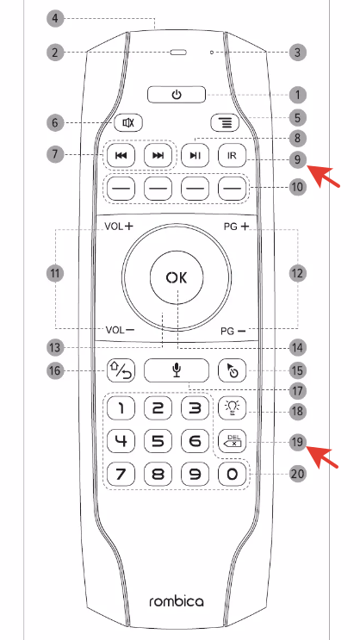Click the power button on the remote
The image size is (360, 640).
click(x=177, y=95)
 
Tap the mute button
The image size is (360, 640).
click(x=128, y=122)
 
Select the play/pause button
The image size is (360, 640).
click(x=196, y=155)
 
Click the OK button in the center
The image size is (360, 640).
click(x=177, y=277)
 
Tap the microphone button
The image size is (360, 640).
click(x=177, y=370)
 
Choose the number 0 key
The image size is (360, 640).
click(x=233, y=475)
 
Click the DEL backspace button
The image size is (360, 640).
click(x=233, y=441)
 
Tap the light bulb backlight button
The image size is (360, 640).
click(x=233, y=407)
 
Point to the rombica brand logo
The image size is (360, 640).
click(x=177, y=601)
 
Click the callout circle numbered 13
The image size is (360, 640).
click(x=55, y=348)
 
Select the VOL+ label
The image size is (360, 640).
click(x=119, y=227)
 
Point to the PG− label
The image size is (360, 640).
click(x=233, y=331)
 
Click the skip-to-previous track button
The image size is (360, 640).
click(x=121, y=155)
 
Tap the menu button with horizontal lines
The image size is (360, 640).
click(x=225, y=122)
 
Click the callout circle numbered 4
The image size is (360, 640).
click(x=55, y=19)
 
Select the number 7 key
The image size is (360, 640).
click(x=121, y=475)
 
